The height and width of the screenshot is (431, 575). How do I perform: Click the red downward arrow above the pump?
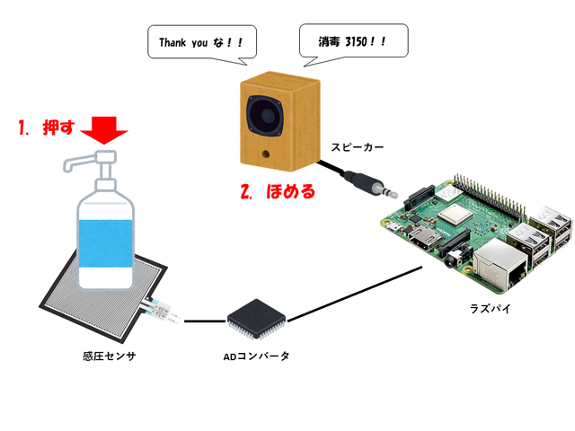pyautogui.click(x=104, y=132)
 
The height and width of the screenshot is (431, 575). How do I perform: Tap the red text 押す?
pyautogui.click(x=56, y=128)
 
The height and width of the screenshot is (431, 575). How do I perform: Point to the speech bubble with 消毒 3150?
pyautogui.click(x=352, y=40)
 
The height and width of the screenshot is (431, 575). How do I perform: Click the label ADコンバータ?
pyautogui.click(x=256, y=357)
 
